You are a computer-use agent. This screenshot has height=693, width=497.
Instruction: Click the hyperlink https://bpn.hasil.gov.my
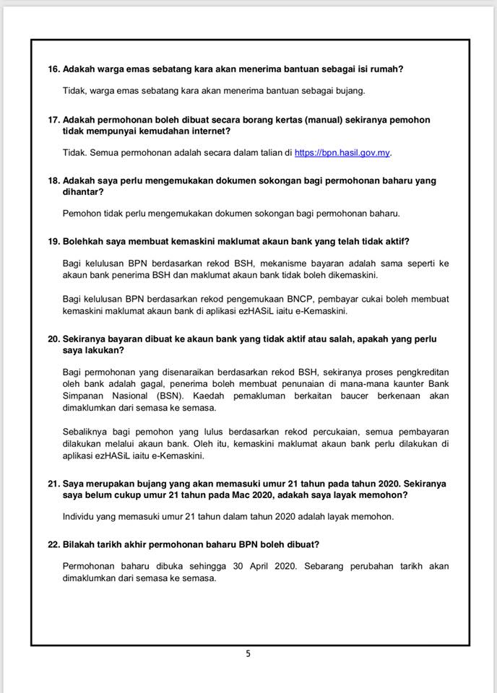tap(342, 152)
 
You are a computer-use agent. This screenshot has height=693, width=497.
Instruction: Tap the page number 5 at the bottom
tap(248, 655)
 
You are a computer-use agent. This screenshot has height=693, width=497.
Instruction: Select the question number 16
tap(53, 69)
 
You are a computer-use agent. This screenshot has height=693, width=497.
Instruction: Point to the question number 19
tap(53, 241)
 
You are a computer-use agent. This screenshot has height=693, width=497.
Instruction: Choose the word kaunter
tap(405, 383)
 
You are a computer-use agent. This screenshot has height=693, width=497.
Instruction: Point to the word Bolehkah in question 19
tap(87, 241)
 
